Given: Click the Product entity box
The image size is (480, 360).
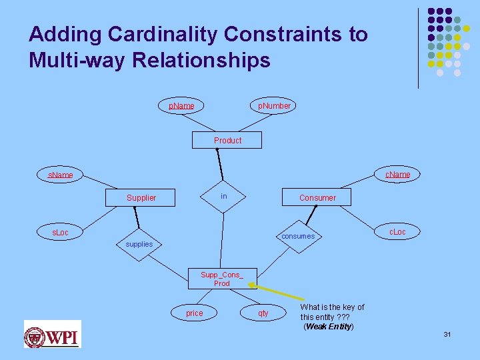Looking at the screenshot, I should click(x=227, y=140).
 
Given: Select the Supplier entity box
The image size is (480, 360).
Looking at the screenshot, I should click(x=141, y=198).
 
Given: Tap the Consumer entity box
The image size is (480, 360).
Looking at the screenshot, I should click(x=317, y=198).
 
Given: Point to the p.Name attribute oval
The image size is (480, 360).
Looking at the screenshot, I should click(x=181, y=106).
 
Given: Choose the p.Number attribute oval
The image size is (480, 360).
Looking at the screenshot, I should click(x=274, y=106).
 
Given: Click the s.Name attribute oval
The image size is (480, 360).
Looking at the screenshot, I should click(x=60, y=175).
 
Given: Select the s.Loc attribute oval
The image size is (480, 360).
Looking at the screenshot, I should click(x=60, y=233).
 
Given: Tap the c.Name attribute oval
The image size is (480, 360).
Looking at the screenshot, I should click(x=398, y=175).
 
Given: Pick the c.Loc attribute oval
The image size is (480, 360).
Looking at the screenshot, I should click(x=397, y=232).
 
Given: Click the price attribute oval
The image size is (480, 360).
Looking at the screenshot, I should click(x=194, y=313).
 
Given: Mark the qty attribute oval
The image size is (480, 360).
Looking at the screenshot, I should click(x=263, y=313).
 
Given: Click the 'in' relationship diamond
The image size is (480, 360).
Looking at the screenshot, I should click(x=224, y=196).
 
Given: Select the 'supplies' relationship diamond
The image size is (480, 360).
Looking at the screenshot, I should click(x=139, y=244).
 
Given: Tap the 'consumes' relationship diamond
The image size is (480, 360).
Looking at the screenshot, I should click(x=298, y=236).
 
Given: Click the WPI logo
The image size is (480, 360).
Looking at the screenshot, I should click(x=52, y=335).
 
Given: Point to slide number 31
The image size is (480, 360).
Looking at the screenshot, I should click(x=447, y=334).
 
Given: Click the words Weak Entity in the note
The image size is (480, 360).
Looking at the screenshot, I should click(x=329, y=327).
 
